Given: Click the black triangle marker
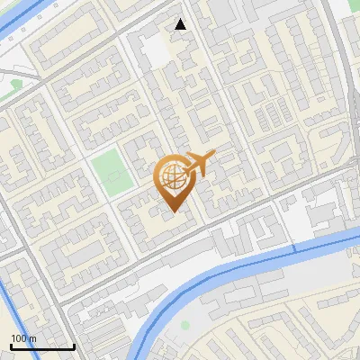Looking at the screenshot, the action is [x=181, y=24].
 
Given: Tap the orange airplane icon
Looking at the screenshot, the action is [x=200, y=162].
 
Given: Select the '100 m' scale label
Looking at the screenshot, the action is [x=24, y=338].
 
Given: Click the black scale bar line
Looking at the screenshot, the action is [x=42, y=346].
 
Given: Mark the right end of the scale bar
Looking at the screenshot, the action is [x=74, y=346].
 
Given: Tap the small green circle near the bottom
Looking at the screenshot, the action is [x=185, y=325].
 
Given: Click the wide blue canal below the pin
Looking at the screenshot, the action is [x=225, y=274].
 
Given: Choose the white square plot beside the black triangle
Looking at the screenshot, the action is [x=156, y=50].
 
